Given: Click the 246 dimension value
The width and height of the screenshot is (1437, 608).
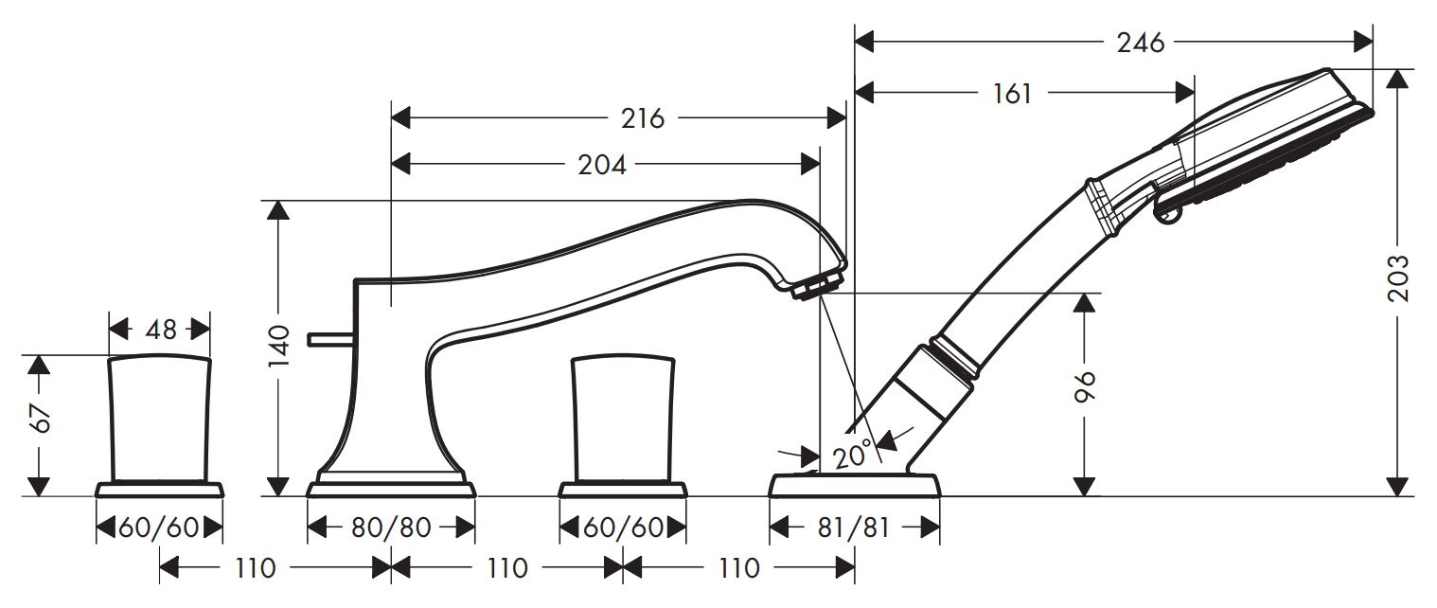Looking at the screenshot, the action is coord(1140,43).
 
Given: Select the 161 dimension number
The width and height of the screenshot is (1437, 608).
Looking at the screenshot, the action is coord(1012,94).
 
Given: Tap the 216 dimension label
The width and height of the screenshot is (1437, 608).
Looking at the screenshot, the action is coord(642,118).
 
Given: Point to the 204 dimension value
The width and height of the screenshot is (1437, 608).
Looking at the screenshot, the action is coord(602,166).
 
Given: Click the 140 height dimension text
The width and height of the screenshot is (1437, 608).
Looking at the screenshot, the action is coord(279,346).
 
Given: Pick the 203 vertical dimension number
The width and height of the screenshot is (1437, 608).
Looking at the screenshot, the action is coord(1398,278).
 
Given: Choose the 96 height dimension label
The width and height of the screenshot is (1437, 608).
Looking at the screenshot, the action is coord(1084,386).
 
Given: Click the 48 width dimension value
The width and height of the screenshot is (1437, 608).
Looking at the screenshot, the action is coord(160,331).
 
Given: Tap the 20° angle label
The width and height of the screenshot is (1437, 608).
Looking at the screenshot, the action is coord(853,455).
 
